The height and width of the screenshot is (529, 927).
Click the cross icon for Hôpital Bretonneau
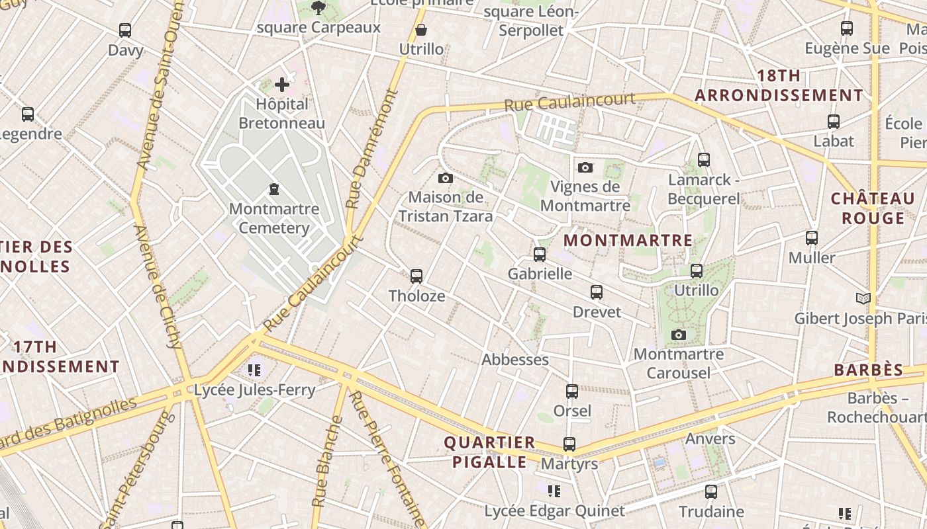(282, 84)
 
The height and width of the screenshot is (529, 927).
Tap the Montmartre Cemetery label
(273, 218)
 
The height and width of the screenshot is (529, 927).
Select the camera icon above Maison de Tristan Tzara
(446, 178)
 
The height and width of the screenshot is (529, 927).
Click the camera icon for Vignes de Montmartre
(585, 167)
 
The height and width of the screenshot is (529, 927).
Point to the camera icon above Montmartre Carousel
(678, 335)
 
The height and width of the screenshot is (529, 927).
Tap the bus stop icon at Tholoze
(416, 276)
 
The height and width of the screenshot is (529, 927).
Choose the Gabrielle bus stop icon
(540, 254)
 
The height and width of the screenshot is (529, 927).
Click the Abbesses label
(514, 360)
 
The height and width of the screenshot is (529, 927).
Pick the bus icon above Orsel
(572, 391)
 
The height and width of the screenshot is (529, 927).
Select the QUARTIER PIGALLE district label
(489, 452)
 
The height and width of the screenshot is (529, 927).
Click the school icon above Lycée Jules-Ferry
(254, 370)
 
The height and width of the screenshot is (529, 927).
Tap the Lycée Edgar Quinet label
(554, 511)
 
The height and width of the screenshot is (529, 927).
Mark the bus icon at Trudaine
(710, 491)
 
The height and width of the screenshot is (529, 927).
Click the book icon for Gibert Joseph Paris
(863, 299)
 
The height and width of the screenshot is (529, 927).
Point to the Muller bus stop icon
(811, 238)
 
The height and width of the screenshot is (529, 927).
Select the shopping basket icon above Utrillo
(420, 30)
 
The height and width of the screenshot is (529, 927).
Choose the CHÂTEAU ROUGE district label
(872, 208)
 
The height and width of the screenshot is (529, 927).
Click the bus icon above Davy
(125, 30)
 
